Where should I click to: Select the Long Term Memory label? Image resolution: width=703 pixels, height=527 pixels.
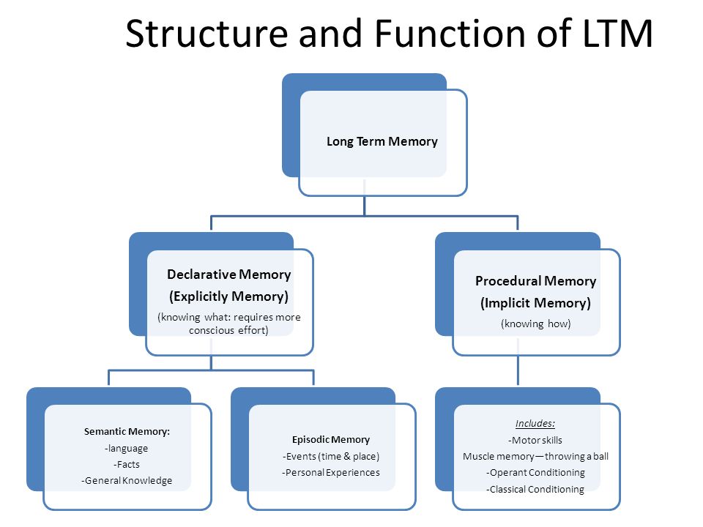pos(382,141)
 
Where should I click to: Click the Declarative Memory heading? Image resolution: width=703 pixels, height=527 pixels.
pos(229,274)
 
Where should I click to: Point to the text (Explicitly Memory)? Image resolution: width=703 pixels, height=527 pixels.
pos(228,296)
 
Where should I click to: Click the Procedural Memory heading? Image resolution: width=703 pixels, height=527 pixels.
pos(536,281)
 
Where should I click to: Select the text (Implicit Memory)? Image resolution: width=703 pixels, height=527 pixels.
pos(536,303)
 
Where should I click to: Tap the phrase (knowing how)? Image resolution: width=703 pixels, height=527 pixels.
pos(536,324)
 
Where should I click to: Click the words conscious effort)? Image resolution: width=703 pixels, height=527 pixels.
pos(228,330)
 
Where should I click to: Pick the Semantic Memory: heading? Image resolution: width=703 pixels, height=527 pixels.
pos(127,432)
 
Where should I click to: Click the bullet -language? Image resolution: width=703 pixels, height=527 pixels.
pos(127,448)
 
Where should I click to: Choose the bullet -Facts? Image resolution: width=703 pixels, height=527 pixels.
pos(127,464)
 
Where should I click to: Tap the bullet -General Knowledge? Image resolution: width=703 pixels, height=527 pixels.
pos(127,480)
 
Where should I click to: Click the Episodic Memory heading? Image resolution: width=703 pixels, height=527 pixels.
pos(331,440)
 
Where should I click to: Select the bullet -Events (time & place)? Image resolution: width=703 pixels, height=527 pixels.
pos(331,456)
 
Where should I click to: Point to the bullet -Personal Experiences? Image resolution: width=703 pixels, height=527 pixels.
pos(331,472)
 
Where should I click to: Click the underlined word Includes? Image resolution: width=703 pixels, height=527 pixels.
pos(535,424)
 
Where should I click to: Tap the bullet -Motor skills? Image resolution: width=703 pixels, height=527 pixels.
pos(535,440)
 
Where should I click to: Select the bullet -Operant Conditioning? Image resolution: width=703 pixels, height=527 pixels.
pos(535,472)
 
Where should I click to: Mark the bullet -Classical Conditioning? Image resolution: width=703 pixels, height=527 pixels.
pos(535,490)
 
